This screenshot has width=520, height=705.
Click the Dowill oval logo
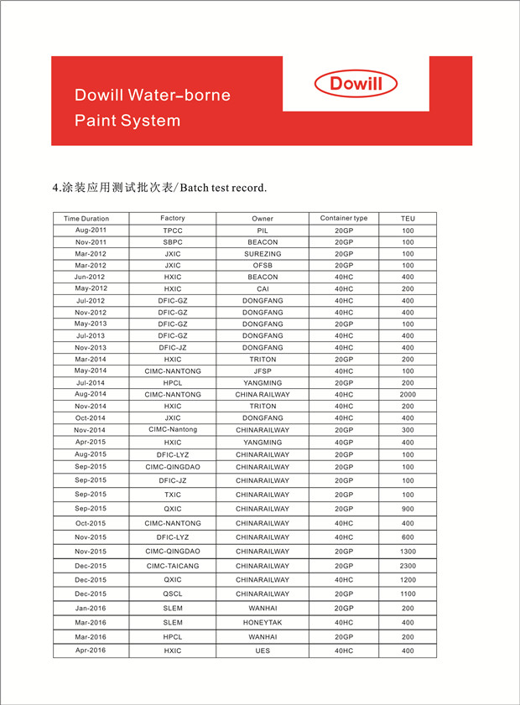pos(356,84)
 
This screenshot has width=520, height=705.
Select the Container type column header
pos(344,219)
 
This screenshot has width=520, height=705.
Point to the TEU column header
pos(408,219)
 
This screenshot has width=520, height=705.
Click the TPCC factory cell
pos(173,231)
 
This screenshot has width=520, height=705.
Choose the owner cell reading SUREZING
pos(263,254)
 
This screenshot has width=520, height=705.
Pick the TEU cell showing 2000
pos(408,395)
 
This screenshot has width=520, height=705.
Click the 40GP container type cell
pos(344,443)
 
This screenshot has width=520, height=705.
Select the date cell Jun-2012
pos(91,277)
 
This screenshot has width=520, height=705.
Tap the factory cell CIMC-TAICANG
pos(173,566)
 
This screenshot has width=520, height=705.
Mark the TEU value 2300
pos(408,566)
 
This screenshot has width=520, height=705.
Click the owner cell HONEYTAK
pos(263,623)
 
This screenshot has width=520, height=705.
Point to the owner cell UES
pos(263,651)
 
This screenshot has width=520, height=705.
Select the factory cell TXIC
pos(173,495)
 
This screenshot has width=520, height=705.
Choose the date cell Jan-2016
pos(91,609)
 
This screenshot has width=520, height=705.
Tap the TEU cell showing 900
pos(408,509)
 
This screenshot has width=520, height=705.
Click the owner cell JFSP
pos(263,371)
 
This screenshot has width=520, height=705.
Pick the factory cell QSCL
pos(173,594)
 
